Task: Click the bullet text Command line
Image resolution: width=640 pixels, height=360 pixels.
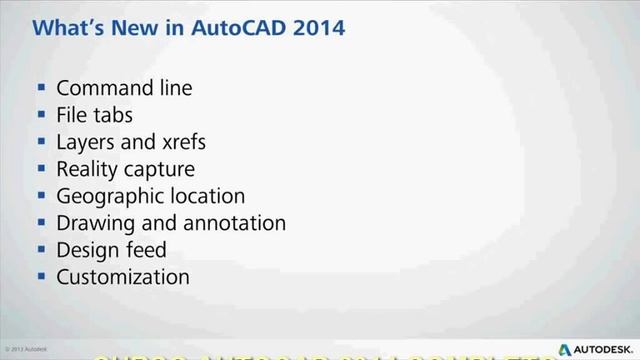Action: coord(124,88)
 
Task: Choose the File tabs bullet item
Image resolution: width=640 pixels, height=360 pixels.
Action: coord(94,115)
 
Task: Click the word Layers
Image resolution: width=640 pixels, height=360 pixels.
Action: coord(86,142)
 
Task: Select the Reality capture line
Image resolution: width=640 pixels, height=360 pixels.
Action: coord(125,169)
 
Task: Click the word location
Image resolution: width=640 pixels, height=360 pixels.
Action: coord(206,196)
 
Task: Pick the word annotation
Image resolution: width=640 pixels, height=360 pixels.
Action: coord(239,223)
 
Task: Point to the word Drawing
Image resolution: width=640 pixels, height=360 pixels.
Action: coord(96,223)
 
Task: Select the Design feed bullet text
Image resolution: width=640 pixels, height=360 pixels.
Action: coord(111,250)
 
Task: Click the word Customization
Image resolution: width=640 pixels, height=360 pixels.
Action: coord(122,277)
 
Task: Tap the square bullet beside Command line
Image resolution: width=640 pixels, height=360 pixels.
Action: coord(41,89)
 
